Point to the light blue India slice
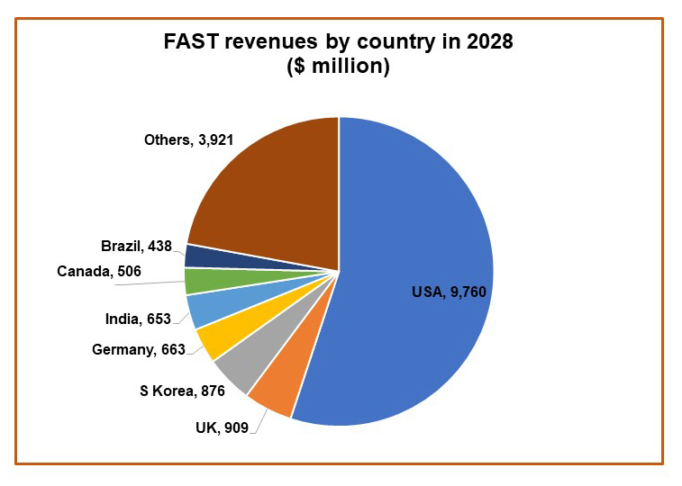[x=203, y=310]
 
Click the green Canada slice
[x=200, y=281]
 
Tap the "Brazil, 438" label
[x=136, y=246]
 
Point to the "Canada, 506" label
[x=99, y=271]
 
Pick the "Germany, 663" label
[x=138, y=349]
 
